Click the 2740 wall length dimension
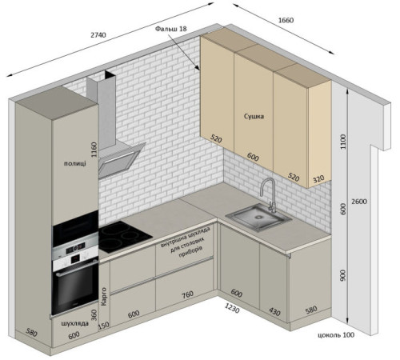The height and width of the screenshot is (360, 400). pos(98,34)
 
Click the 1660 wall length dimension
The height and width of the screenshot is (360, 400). pos(286,20)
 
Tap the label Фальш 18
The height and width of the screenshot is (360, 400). pos(171,29)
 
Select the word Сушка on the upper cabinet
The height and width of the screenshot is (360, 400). pos(254,116)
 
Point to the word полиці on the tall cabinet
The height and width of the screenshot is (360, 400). pos(75,163)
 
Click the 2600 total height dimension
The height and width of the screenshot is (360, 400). pos(359,202)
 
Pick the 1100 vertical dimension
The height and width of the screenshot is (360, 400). pos(343,142)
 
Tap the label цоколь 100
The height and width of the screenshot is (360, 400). pos(336,334)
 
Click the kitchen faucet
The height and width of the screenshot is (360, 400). pos(268,195)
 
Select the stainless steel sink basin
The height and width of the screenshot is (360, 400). pos(258,217)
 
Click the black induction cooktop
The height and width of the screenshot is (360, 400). pos(123,237)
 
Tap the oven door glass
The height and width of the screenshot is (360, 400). pos(75,289)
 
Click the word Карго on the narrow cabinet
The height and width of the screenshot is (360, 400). pos(104,297)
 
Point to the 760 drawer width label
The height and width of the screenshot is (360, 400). pos(187,294)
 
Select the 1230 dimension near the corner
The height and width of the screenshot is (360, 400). pos(232,308)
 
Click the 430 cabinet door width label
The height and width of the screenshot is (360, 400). pos(274,311)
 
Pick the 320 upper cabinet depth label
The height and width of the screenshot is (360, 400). pos(318,178)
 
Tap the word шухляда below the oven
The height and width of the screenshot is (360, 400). pos(75,323)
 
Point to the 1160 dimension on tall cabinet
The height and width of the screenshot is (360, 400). pos(94,150)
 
